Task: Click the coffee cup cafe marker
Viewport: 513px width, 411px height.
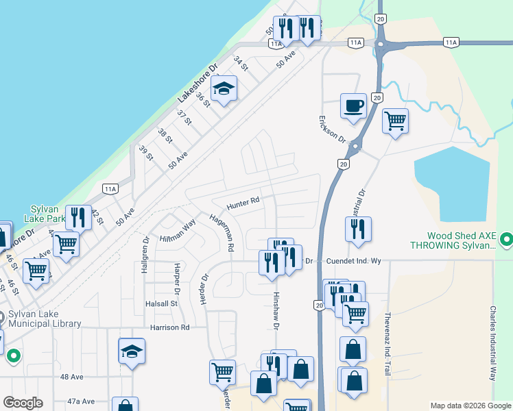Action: (354, 107)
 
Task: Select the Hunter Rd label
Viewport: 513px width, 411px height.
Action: (244, 202)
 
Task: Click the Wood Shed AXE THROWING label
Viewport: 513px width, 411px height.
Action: (453, 240)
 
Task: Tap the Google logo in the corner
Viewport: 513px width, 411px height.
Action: (23, 403)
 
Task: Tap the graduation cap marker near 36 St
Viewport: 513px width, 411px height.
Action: (224, 89)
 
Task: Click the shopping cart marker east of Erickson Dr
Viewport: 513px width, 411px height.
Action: (396, 121)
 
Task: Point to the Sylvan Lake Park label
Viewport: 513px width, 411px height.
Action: (47, 214)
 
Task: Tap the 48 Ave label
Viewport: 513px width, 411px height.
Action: (72, 377)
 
